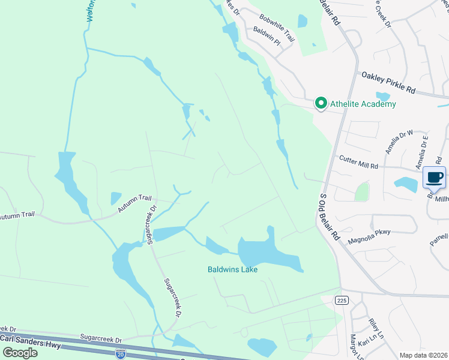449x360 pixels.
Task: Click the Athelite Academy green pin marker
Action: [321, 104]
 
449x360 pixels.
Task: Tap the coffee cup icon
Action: [434, 177]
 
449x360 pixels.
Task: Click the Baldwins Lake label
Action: [233, 270]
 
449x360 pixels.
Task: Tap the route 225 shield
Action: [341, 300]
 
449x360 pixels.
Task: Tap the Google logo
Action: [20, 352]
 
